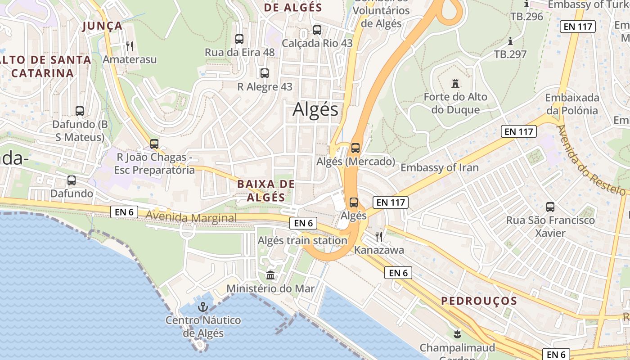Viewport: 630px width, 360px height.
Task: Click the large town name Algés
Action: pyautogui.click(x=315, y=109)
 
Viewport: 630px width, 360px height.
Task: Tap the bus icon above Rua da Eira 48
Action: pyautogui.click(x=239, y=39)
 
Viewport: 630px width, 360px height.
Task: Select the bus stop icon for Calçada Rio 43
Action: pyautogui.click(x=317, y=30)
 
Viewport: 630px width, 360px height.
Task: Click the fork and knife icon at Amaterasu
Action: pyautogui.click(x=130, y=46)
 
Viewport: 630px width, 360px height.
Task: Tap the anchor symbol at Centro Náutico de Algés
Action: pyautogui.click(x=203, y=307)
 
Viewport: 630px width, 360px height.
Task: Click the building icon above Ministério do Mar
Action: pyautogui.click(x=270, y=275)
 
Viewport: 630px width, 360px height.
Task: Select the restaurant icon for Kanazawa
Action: pyautogui.click(x=379, y=236)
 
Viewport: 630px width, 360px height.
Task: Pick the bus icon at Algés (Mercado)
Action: pyautogui.click(x=355, y=148)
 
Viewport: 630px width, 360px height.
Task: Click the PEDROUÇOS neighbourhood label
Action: pyautogui.click(x=479, y=301)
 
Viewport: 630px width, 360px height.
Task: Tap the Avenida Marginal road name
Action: pyautogui.click(x=191, y=218)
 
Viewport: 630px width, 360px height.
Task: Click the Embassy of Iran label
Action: pyautogui.click(x=439, y=167)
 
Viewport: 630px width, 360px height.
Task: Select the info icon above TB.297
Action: pyautogui.click(x=510, y=41)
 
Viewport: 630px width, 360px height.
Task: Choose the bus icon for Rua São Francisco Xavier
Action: pyautogui.click(x=550, y=207)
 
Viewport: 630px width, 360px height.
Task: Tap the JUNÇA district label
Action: pyautogui.click(x=103, y=26)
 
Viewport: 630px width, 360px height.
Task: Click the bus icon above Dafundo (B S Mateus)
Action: pyautogui.click(x=80, y=111)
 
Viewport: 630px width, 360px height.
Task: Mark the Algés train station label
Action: pyautogui.click(x=302, y=241)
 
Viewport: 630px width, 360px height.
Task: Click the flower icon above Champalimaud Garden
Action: pyautogui.click(x=458, y=334)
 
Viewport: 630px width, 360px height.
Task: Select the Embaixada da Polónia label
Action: pyautogui.click(x=571, y=104)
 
